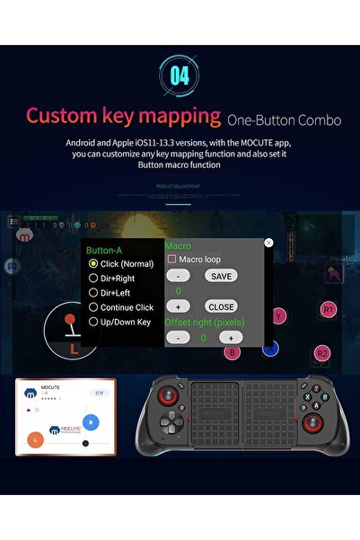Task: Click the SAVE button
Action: pos(220,276)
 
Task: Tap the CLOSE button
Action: pos(220,306)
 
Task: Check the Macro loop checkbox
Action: pos(171,260)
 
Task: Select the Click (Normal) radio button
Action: pos(93,264)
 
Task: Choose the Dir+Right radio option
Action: pos(93,279)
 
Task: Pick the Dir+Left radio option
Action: pos(93,293)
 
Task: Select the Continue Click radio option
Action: pos(93,307)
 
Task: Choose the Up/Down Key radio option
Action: pos(93,321)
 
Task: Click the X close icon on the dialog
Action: pos(268,243)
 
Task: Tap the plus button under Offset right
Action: pos(231,337)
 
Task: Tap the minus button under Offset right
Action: pos(178,337)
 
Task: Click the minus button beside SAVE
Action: pos(178,276)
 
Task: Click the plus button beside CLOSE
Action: pos(178,306)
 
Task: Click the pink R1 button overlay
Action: pos(329,309)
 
